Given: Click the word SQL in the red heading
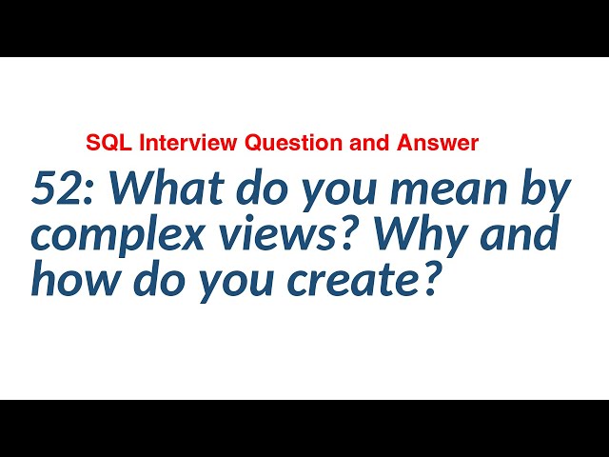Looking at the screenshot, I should tap(103, 144).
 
